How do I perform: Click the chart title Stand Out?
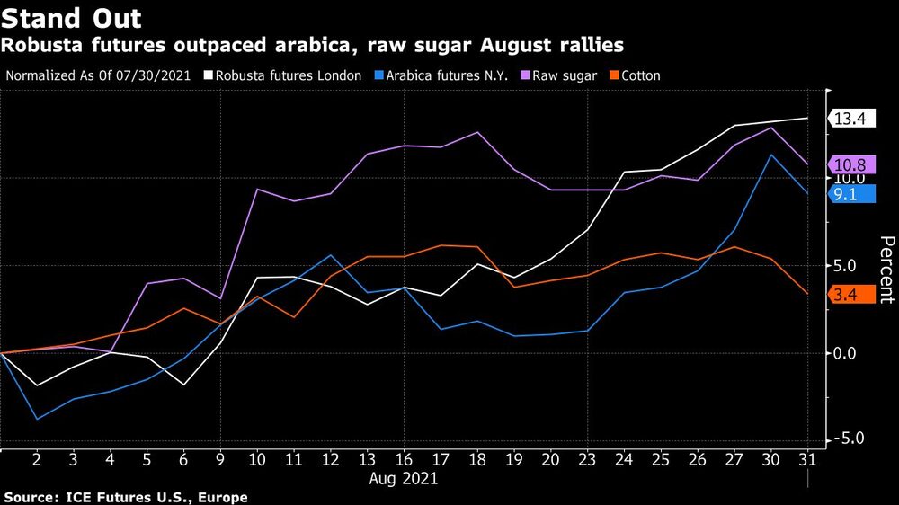point(71,17)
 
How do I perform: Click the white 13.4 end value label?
point(850,119)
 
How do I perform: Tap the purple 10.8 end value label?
point(850,164)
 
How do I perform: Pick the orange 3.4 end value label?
point(850,294)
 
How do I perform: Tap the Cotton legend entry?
point(636,75)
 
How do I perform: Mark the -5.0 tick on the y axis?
point(847,439)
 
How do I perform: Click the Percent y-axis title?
point(886,270)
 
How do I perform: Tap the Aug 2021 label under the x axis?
point(404,479)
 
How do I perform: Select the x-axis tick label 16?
point(404,459)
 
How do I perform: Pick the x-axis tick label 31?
point(807,459)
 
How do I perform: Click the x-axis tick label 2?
point(37,459)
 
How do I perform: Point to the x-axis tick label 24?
point(624,459)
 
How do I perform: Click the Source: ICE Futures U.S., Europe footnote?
point(126,497)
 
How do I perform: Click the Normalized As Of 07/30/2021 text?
point(98,75)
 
